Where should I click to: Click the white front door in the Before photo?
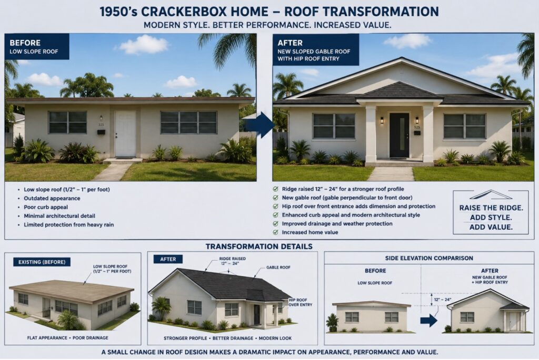click(125, 134)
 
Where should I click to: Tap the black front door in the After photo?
click(399, 135)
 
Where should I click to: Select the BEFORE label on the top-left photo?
click(25, 43)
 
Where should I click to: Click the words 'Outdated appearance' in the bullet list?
click(52, 198)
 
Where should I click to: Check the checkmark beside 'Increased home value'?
click(275, 232)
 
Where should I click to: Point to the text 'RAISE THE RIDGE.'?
click(491, 208)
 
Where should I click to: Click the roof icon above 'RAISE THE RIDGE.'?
click(491, 196)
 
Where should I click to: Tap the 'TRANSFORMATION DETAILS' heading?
click(259, 246)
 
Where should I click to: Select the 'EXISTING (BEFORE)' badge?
click(42, 262)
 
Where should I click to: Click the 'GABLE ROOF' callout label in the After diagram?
click(278, 268)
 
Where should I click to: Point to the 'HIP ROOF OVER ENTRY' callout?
click(300, 302)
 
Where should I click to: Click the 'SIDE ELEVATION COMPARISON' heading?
click(429, 258)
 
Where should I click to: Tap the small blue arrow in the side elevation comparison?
click(428, 321)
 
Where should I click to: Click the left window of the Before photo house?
click(67, 122)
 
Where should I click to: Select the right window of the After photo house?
click(464, 126)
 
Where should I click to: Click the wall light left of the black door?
click(382, 121)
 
